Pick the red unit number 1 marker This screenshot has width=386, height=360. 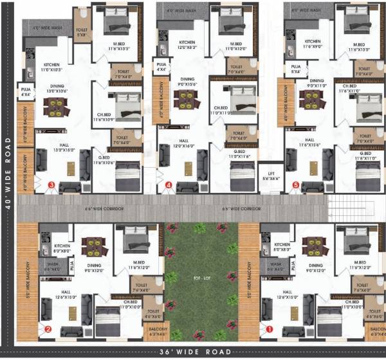click(x=270, y=329)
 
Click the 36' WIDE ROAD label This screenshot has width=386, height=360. click(x=192, y=352)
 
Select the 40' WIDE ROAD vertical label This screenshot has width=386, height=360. click(x=7, y=174)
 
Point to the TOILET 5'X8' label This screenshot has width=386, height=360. click(x=81, y=32)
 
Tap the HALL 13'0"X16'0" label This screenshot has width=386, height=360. click(x=64, y=148)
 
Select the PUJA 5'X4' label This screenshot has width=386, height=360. click(x=296, y=69)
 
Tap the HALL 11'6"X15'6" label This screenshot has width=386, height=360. click(x=309, y=143)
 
